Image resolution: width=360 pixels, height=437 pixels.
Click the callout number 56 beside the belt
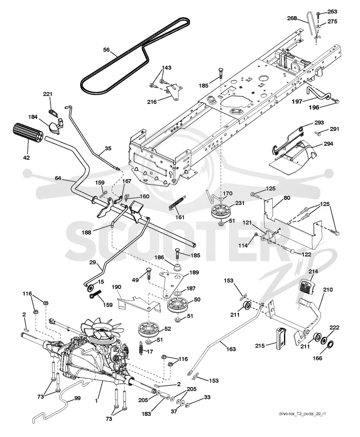(107, 50)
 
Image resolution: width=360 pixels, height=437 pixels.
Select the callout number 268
(292, 18)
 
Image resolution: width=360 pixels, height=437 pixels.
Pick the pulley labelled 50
(179, 305)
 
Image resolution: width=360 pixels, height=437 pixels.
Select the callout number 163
(231, 349)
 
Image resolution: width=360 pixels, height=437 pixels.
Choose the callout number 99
(77, 398)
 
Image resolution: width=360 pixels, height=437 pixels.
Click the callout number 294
(328, 144)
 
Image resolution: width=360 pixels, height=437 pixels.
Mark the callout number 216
(152, 102)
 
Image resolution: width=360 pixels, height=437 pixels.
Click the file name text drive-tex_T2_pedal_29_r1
(302, 413)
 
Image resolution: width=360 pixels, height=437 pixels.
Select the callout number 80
(287, 198)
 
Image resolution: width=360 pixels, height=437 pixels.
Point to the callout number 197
(297, 101)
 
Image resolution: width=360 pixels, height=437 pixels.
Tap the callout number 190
(117, 287)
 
